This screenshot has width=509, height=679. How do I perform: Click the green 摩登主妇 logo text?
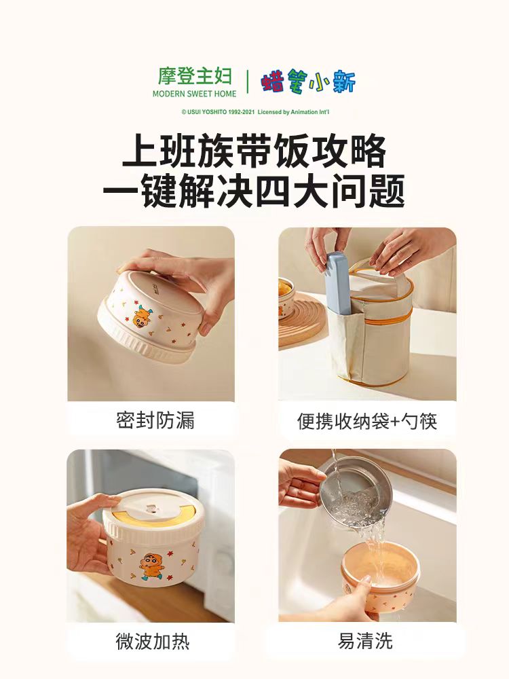(x=194, y=76)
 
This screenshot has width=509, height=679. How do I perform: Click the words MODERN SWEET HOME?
(x=194, y=94)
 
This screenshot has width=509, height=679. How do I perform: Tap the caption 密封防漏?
(x=155, y=420)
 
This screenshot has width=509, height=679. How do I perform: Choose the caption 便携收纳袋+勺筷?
(x=366, y=421)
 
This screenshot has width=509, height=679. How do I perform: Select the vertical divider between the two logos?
(x=247, y=81)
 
